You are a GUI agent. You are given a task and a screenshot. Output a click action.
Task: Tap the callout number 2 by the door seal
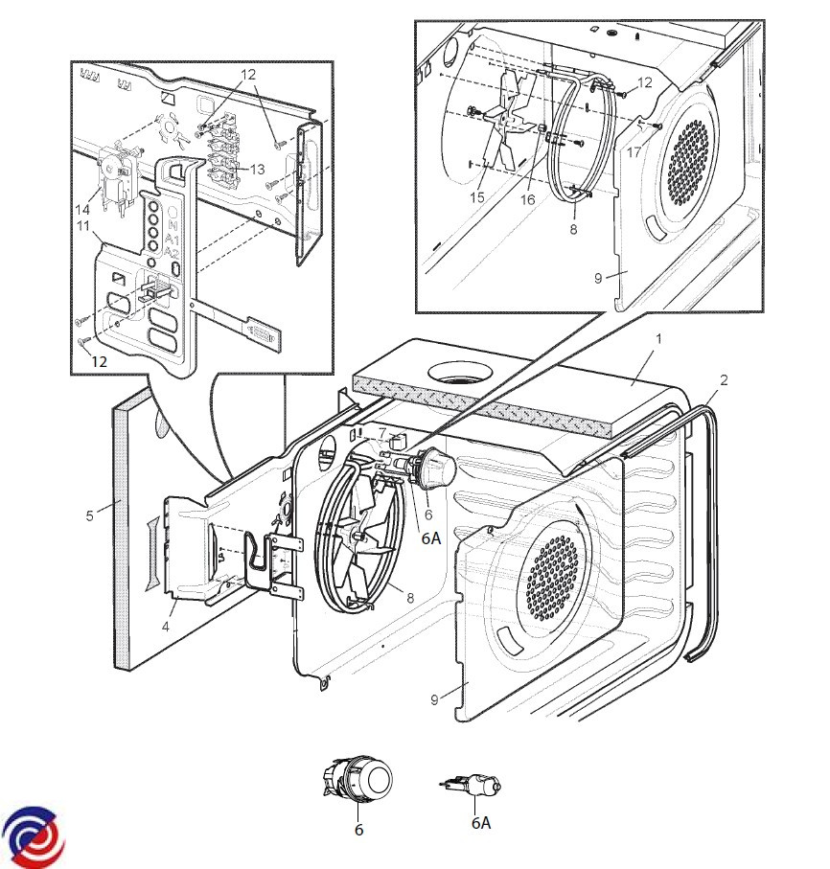pos(724,380)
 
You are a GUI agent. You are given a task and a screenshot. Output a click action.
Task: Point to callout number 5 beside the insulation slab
pos(90,515)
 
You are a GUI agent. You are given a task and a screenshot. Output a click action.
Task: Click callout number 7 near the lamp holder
pos(381,433)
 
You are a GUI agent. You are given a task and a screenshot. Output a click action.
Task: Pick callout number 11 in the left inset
pos(83,225)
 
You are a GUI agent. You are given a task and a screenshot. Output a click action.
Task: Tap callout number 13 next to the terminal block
pos(257,169)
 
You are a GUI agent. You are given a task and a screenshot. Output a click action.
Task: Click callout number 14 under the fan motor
pos(83,208)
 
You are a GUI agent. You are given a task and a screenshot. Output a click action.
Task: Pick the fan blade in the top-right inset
pos(507,124)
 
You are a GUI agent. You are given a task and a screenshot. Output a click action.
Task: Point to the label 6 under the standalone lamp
pos(358,830)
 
